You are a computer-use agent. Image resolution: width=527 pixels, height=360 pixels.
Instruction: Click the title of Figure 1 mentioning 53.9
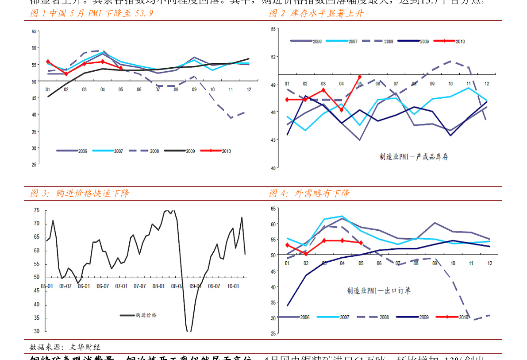pyautogui.click(x=92, y=13)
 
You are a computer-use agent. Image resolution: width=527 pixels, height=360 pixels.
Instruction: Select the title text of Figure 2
pyautogui.click(x=316, y=13)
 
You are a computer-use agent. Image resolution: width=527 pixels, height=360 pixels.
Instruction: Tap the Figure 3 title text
pyautogui.click(x=80, y=193)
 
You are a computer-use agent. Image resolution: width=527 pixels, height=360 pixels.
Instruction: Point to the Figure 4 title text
pyautogui.click(x=310, y=193)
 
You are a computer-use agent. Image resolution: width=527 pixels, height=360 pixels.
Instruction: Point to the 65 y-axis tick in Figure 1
pyautogui.click(x=34, y=31)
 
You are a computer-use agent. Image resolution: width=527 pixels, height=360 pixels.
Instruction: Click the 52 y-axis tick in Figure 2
pyautogui.click(x=273, y=57)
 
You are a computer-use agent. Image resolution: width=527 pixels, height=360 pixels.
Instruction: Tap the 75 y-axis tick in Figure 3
pyautogui.click(x=37, y=210)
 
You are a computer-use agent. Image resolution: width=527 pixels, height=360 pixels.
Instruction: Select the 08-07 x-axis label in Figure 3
pyautogui.click(x=177, y=286)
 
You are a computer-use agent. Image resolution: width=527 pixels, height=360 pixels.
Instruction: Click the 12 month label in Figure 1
pyautogui.click(x=249, y=89)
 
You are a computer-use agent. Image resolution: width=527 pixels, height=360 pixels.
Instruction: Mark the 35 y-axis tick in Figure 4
pyautogui.click(x=273, y=303)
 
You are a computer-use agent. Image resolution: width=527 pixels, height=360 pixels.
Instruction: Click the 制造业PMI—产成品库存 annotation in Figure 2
pyautogui.click(x=414, y=156)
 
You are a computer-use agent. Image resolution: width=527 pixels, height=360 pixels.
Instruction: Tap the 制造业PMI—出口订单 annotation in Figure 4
pyautogui.click(x=379, y=290)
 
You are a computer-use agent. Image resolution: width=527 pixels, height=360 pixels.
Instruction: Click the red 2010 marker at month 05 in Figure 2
pyautogui.click(x=360, y=77)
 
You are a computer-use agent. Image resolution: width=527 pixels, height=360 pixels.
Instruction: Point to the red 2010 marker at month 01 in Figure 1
pyautogui.click(x=48, y=62)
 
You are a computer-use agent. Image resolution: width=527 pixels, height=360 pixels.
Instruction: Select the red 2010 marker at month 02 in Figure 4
pyautogui.click(x=305, y=254)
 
